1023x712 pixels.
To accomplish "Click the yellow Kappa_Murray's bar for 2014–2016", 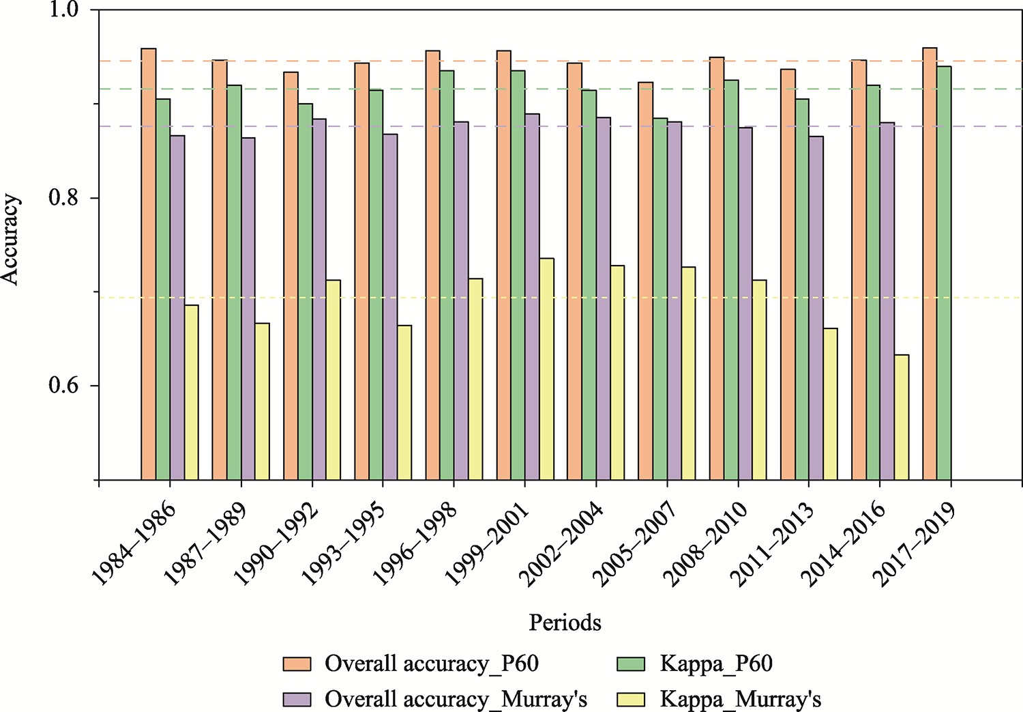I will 902,417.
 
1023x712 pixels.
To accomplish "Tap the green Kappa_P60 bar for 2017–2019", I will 944,273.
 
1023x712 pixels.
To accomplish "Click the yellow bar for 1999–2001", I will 546,369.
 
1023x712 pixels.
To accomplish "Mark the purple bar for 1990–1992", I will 319,300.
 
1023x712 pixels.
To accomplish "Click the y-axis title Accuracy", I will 11,240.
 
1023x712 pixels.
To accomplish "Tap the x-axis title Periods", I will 565,622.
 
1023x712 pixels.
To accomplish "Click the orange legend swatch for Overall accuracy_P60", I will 297,664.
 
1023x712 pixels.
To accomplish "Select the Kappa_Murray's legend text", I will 740,699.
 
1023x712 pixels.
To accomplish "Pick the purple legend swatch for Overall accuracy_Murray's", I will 297,699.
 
